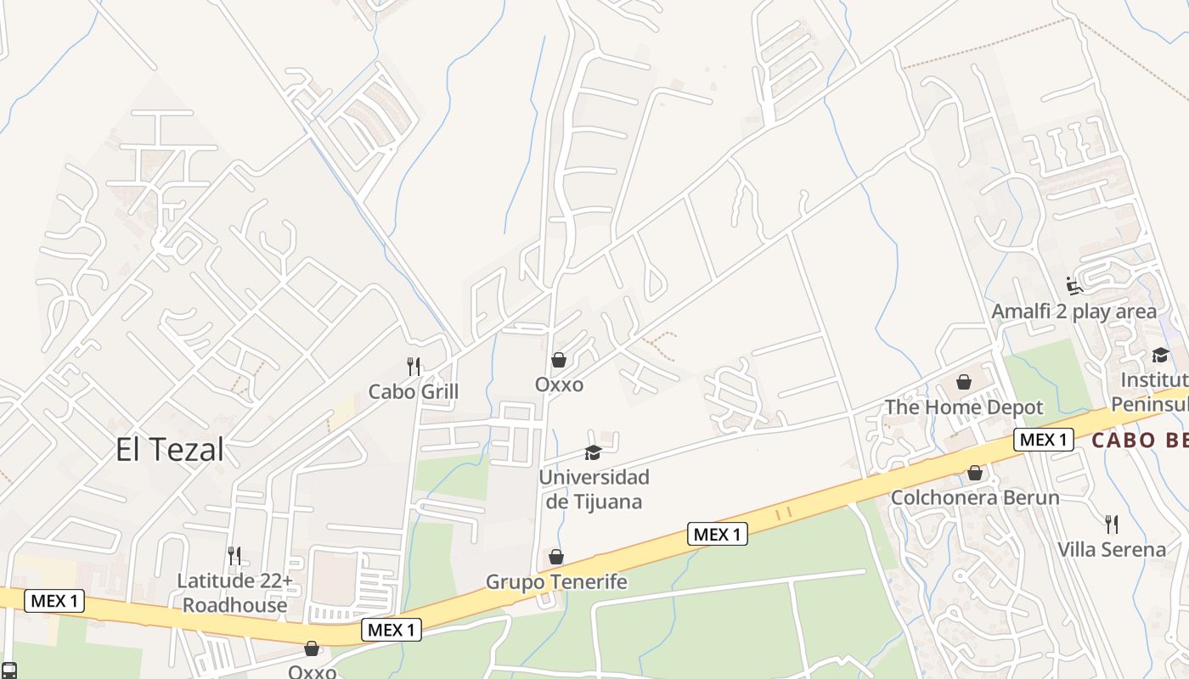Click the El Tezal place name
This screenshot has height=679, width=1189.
click(x=170, y=450)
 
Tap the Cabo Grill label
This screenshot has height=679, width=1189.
click(x=413, y=391)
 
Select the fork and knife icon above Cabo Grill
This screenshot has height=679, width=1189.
click(x=414, y=367)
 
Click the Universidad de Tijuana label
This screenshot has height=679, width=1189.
click(x=594, y=489)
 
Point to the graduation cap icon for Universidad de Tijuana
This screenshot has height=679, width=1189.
click(x=593, y=453)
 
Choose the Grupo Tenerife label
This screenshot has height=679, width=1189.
click(x=556, y=581)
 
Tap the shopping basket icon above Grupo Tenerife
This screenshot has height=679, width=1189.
click(x=556, y=557)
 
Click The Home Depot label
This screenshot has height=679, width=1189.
click(x=964, y=407)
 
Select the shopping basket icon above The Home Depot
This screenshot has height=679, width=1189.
click(x=964, y=382)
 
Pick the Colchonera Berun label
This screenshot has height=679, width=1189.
click(x=975, y=497)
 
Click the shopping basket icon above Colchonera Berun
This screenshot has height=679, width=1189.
click(x=975, y=473)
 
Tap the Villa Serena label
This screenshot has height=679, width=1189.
click(x=1112, y=549)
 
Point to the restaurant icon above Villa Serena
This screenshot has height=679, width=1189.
click(x=1111, y=524)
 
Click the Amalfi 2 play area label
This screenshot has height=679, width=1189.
click(x=1074, y=311)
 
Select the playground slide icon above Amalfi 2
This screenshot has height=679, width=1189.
click(x=1074, y=285)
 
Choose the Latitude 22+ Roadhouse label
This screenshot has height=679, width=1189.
click(x=234, y=592)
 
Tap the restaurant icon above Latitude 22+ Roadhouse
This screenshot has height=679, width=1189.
click(x=234, y=556)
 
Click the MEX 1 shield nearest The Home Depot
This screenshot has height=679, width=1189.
click(x=1044, y=440)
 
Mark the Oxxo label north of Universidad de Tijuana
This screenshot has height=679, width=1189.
click(x=559, y=384)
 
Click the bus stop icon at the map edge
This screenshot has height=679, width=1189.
click(x=8, y=671)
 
